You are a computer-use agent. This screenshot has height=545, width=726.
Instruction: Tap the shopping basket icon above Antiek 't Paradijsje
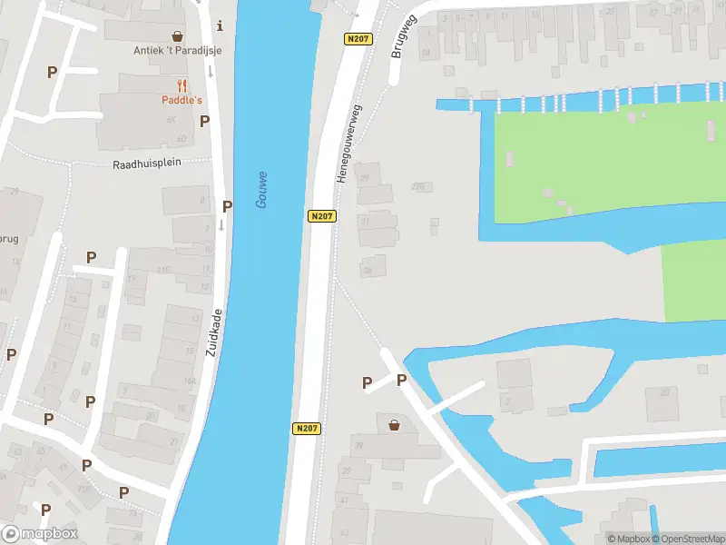coord(178,36)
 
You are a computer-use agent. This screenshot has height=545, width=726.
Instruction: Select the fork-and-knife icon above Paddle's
coord(181,86)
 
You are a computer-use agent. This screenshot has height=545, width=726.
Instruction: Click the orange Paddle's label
coord(181,100)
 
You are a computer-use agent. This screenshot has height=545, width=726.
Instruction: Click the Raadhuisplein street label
coord(147,164)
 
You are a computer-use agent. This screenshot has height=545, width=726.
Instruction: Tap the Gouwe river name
coord(261,190)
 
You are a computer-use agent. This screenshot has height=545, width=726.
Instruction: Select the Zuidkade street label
coord(215,332)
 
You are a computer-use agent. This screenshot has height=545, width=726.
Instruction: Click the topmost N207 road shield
coord(357,38)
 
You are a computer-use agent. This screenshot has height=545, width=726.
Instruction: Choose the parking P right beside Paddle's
coord(205,121)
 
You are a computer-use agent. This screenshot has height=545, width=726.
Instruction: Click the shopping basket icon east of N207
coord(394,424)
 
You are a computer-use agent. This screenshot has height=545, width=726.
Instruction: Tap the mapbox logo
coord(39,533)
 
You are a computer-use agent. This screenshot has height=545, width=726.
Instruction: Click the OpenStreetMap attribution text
coord(687,539)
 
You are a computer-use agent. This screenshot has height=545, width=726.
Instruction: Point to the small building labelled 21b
coord(418,187)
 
